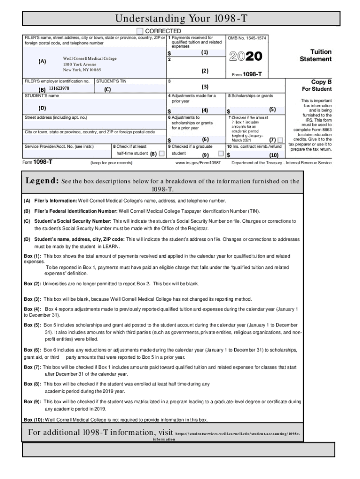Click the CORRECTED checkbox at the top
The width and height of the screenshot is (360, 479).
(x=140, y=31)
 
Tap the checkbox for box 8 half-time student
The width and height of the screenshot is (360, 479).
(x=161, y=153)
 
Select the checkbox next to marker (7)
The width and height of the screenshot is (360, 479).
(x=280, y=140)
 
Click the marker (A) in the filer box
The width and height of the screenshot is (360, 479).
(x=43, y=61)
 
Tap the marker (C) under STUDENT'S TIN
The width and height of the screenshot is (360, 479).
(x=108, y=89)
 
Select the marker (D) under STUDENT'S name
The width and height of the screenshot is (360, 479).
(x=43, y=108)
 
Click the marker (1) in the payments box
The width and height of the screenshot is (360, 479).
(x=205, y=52)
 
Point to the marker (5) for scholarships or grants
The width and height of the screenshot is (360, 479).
(x=273, y=110)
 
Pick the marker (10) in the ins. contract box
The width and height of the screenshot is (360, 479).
(x=274, y=154)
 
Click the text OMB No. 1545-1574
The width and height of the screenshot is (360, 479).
(x=247, y=37)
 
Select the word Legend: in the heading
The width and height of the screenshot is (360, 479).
(x=42, y=181)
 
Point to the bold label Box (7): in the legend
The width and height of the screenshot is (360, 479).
(x=33, y=367)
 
